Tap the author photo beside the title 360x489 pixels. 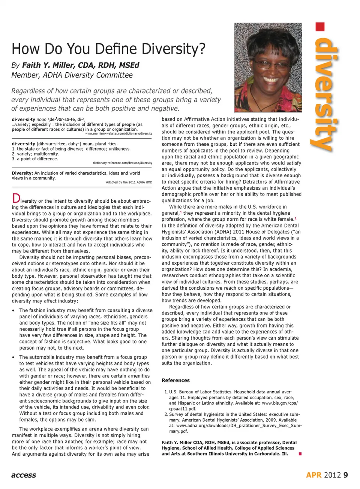pos(268,67)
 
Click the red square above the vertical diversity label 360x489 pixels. pos(320,27)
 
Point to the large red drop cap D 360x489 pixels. pos(16,198)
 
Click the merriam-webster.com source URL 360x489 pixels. pos(118,133)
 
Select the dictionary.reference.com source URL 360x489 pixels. pos(122,163)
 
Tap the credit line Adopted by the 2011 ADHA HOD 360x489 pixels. pos(129,182)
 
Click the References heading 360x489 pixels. pos(175,380)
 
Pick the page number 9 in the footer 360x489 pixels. pos(345,475)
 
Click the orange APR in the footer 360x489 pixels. pos(313,475)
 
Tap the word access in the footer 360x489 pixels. pos(24,475)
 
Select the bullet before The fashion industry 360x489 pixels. pos(13,311)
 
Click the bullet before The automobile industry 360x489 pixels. pos(13,357)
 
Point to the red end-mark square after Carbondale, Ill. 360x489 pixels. pos(300,454)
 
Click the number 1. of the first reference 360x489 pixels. pos(166,392)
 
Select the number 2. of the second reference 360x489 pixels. pos(166,414)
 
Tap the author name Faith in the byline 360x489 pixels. pos(31,65)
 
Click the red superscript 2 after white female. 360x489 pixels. pos(295,218)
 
